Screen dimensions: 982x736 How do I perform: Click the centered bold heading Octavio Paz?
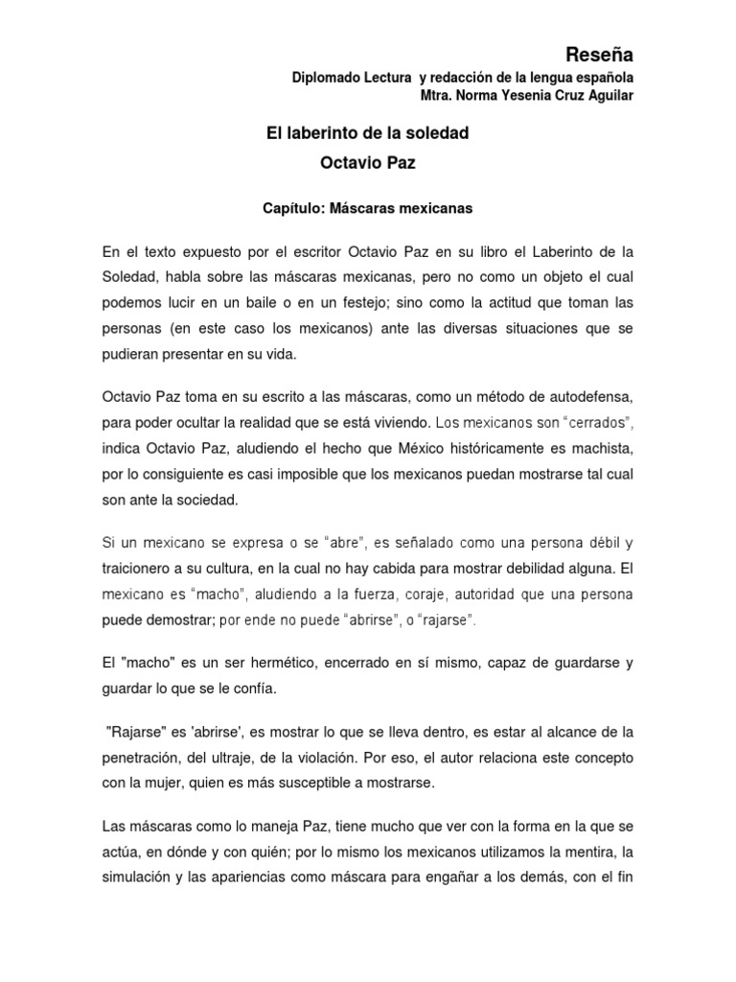tap(368, 163)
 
